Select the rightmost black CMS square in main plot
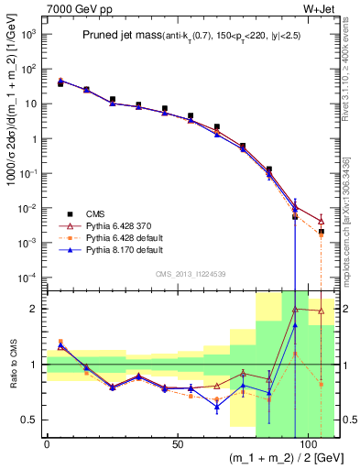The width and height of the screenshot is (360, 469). coord(322,233)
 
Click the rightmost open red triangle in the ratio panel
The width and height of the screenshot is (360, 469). coord(322,311)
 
